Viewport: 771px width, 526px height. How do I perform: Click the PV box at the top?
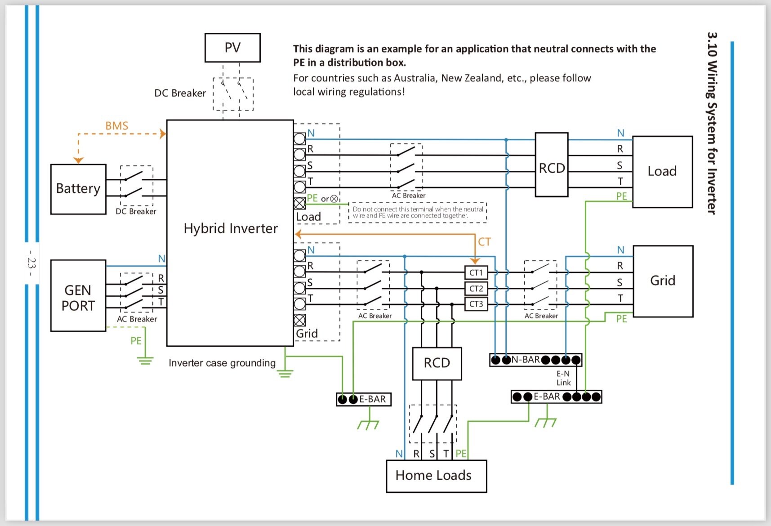pos(232,48)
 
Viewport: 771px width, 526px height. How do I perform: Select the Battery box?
pos(78,189)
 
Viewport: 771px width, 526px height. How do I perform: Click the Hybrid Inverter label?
pos(231,228)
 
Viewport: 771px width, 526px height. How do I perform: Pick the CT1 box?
pos(476,272)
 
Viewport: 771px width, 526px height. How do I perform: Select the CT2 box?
pos(476,289)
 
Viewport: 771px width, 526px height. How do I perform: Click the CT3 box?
pos(476,304)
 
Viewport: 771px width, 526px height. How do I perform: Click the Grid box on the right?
pos(663,281)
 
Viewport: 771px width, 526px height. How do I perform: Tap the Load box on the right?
pos(662,171)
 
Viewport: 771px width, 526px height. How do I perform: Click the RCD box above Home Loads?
pos(437,363)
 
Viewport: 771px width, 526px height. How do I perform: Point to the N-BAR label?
pos(526,360)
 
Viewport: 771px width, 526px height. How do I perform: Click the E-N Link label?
pos(563,378)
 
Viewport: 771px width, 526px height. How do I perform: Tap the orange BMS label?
pos(117,125)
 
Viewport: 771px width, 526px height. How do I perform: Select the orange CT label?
pos(484,242)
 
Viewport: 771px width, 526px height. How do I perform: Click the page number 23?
pos(31,263)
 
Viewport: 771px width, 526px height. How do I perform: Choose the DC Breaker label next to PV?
pos(180,93)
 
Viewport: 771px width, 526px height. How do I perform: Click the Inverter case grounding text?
pos(222,363)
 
